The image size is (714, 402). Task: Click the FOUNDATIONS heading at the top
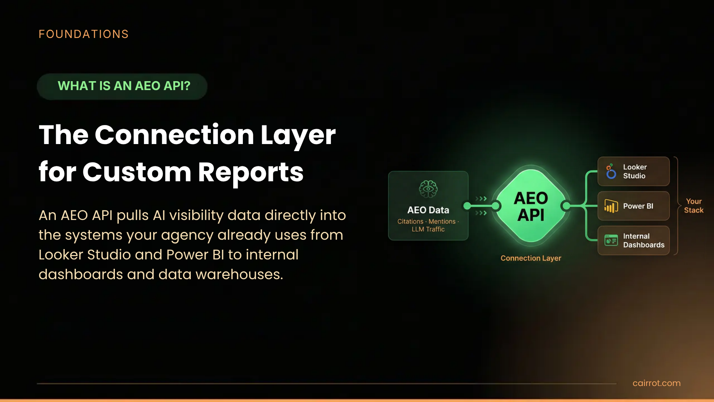[84, 34]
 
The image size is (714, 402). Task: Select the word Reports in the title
[251, 172]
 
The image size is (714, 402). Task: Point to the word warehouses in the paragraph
[239, 275]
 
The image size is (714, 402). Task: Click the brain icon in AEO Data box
[428, 189]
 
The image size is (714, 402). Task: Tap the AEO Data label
[428, 210]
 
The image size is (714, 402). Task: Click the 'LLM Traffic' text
[428, 230]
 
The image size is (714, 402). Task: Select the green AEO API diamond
[531, 206]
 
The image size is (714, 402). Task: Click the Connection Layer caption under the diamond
[531, 258]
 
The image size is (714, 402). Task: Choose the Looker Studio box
[633, 172]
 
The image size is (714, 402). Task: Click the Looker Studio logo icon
[611, 172]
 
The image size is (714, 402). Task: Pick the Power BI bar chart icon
[611, 206]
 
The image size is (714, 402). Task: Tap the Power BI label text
[638, 206]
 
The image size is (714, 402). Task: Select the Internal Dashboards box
[633, 241]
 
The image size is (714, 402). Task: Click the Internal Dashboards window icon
[611, 241]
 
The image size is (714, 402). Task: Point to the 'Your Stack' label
[694, 206]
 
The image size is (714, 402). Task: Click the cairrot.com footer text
[656, 383]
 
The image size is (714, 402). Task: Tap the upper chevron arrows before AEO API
[481, 199]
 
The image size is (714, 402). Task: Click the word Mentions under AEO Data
[442, 221]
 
